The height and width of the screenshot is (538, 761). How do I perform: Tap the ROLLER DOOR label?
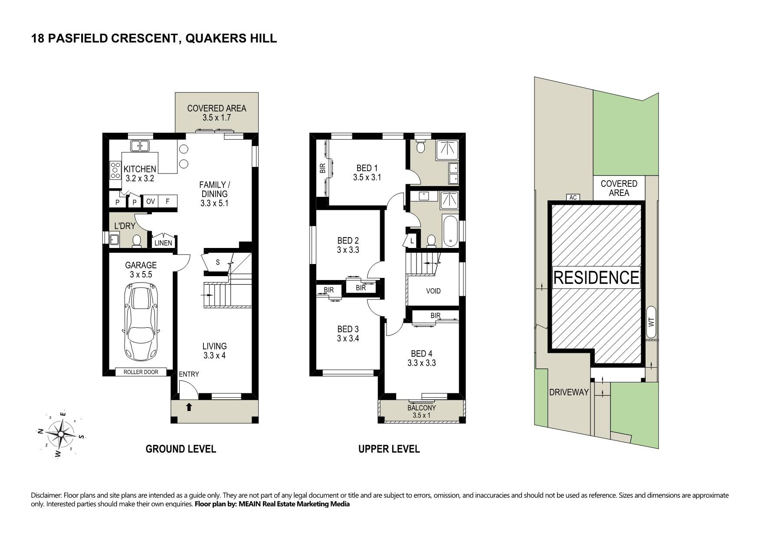coord(141,372)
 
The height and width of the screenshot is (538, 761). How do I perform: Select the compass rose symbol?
coord(61,434)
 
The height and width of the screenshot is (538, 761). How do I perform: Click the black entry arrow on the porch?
coord(189,407)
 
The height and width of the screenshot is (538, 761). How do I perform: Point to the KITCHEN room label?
coord(140,169)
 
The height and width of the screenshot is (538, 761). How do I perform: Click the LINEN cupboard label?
coord(163,243)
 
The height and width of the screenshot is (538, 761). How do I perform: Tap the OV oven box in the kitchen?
coord(150,202)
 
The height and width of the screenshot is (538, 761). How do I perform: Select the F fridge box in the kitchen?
coord(167,202)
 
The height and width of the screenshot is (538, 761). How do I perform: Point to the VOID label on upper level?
coord(433,291)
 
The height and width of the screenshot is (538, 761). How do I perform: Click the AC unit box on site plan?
coord(573,198)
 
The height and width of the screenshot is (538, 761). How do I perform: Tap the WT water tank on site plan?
coord(651,322)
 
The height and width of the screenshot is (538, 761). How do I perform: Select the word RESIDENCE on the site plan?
coord(596,277)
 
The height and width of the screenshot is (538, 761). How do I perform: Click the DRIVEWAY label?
coord(569,392)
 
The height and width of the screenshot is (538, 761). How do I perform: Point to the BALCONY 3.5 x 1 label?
coord(421,411)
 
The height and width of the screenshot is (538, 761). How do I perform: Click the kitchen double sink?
coord(140,146)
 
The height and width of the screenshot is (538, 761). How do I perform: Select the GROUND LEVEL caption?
coord(180,449)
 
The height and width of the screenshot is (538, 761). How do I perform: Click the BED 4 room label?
coord(421,358)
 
